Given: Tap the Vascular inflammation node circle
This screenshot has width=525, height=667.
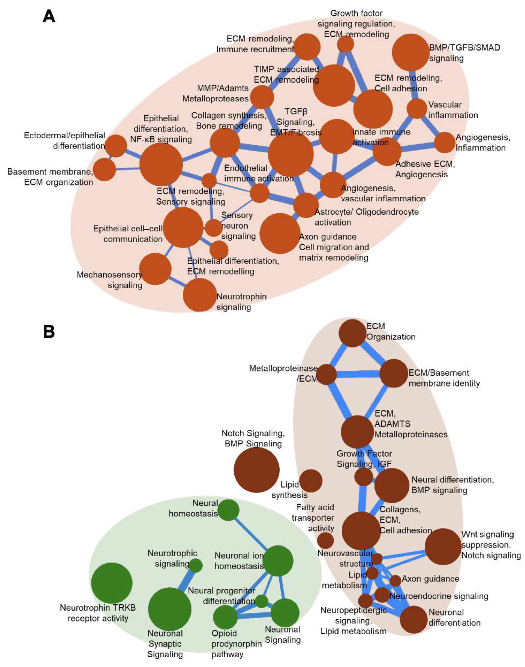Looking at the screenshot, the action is pos(417,108).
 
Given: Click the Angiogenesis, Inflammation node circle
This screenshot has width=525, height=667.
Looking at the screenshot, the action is pos(445,142).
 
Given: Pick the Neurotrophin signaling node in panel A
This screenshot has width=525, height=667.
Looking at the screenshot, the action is pos(200,295).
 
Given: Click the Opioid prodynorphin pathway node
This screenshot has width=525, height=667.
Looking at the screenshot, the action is pos(225,617).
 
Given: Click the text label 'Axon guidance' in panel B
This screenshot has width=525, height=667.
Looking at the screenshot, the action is pos(430,579).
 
